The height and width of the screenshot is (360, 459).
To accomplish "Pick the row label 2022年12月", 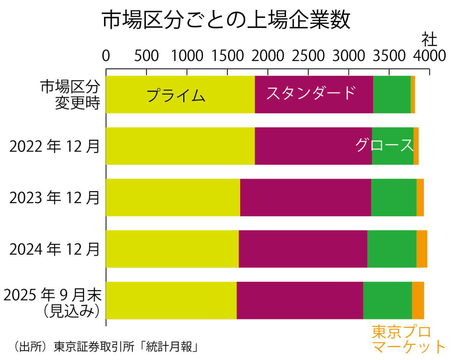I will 55,146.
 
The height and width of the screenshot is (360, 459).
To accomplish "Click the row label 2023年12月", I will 55,198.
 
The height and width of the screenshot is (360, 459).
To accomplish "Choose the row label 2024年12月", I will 55,250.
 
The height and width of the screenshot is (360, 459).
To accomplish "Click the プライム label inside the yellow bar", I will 176,96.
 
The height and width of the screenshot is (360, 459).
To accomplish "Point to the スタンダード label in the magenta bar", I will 311,93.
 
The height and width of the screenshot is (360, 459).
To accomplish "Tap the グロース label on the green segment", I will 384,145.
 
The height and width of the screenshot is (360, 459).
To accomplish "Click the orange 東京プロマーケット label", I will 409,339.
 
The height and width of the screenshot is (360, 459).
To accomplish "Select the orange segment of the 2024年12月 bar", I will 422,249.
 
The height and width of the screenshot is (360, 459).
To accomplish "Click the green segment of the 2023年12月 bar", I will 394,197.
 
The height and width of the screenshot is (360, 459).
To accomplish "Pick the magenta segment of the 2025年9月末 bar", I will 299,300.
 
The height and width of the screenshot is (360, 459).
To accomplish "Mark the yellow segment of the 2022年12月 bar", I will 180,146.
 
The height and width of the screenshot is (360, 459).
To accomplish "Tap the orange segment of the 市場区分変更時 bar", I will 413,94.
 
